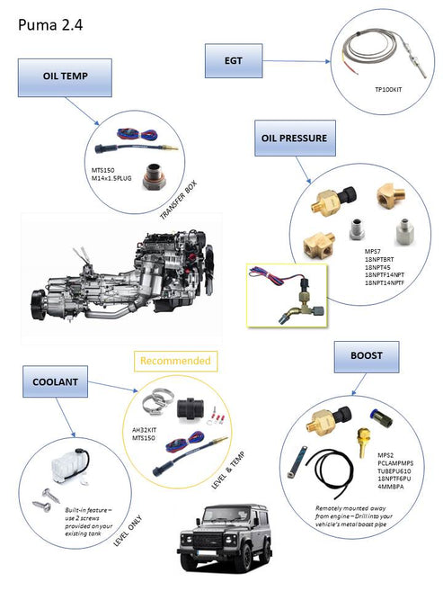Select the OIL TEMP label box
click(x=66, y=78)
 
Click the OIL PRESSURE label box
click(x=294, y=139)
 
